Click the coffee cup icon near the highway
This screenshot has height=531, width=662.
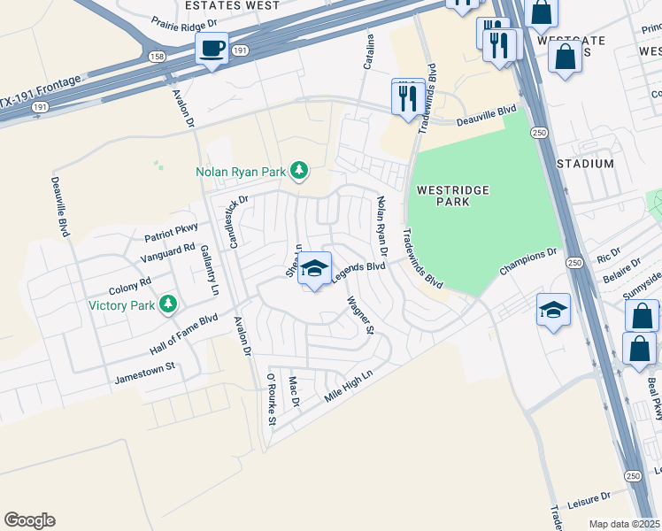(212, 48)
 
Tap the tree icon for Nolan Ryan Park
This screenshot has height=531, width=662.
(299, 169)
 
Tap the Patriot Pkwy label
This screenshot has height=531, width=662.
(171, 233)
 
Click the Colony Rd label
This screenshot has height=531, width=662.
(130, 286)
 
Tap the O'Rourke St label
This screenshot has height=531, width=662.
(270, 401)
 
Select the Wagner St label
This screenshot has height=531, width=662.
(362, 315)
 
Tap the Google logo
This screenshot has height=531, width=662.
(29, 520)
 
